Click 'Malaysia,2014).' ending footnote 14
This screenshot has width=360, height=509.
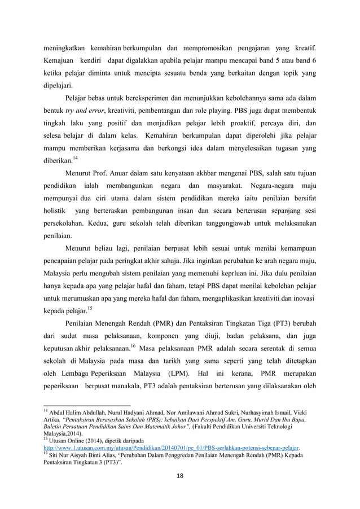pyautogui.click(x=63, y=432)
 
